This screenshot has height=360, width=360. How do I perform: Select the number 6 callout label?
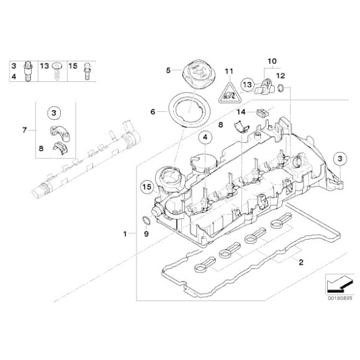pos(153,112)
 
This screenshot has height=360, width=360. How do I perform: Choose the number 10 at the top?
pos(271,61)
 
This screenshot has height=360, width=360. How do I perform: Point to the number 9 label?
pos(146,234)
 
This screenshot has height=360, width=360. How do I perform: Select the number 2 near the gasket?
pos(301,263)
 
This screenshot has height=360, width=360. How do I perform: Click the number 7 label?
pos(24,130)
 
